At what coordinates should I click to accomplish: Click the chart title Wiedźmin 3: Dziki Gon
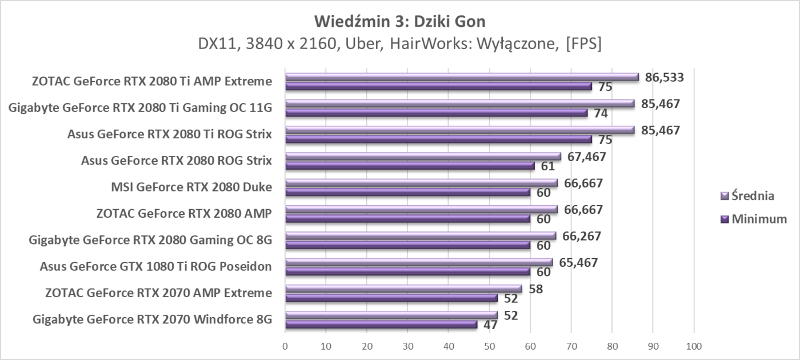pyautogui.click(x=400, y=22)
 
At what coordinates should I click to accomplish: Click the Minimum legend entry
pyautogui.click(x=754, y=219)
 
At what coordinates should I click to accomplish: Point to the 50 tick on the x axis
pyautogui.click(x=489, y=346)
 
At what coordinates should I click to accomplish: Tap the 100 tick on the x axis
pyautogui.click(x=693, y=346)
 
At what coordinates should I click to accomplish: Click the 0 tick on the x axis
pyautogui.click(x=285, y=346)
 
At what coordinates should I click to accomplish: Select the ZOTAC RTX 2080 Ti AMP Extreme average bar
pyautogui.click(x=462, y=77)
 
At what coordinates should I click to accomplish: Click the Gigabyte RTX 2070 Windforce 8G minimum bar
pyautogui.click(x=381, y=325)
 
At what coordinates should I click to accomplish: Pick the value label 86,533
pyautogui.click(x=664, y=77)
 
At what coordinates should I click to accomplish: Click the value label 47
pyautogui.click(x=490, y=325)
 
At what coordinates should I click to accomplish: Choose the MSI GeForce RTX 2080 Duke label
pyautogui.click(x=191, y=187)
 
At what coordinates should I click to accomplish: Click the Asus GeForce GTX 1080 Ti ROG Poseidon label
pyautogui.click(x=155, y=266)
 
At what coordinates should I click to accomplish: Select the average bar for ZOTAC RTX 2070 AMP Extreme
pyautogui.click(x=403, y=289)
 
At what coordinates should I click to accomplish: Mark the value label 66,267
pyautogui.click(x=582, y=236)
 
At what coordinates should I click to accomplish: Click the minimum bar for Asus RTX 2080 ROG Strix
pyautogui.click(x=410, y=166)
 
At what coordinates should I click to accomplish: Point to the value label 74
pyautogui.click(x=600, y=113)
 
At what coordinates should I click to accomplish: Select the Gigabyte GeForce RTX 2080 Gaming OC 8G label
pyautogui.click(x=150, y=239)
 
